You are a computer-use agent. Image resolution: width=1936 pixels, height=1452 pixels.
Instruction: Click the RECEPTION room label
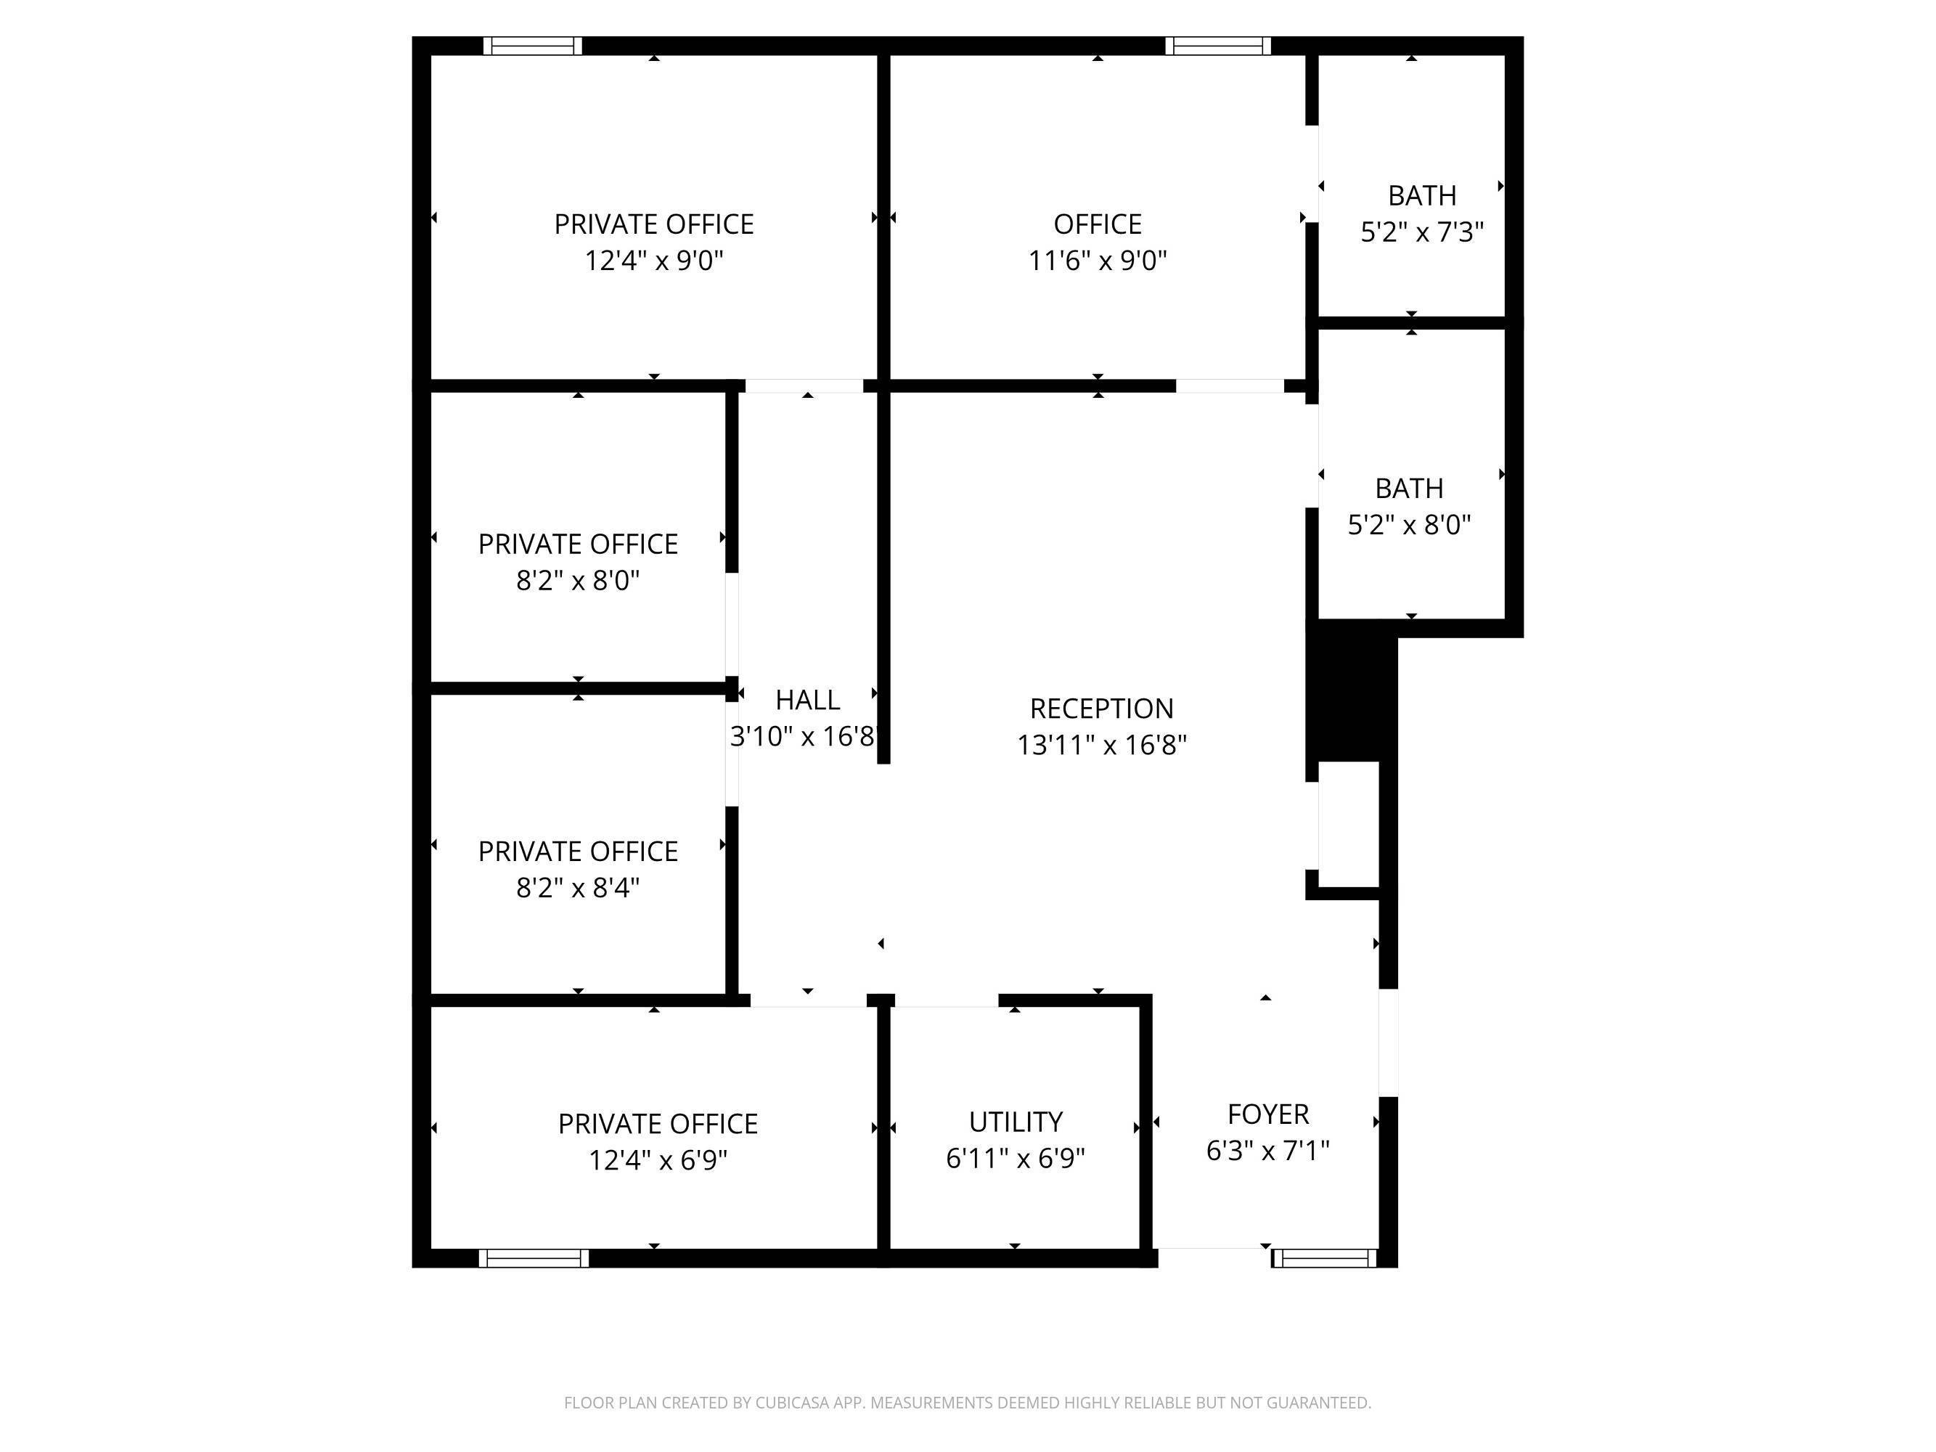(1101, 708)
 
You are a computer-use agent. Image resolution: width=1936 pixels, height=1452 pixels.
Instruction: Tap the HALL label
(807, 700)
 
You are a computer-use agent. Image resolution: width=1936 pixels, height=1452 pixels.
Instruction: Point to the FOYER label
(1268, 1114)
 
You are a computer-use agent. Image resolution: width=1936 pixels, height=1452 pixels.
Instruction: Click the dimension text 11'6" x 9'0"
(1098, 261)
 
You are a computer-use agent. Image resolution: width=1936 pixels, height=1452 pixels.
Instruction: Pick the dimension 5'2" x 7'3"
(1422, 232)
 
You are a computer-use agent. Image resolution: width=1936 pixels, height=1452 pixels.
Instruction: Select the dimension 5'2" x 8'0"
(1409, 525)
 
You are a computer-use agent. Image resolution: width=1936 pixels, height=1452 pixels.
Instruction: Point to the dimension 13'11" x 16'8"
(1101, 745)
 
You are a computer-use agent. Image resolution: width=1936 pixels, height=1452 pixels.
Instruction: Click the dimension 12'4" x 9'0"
(654, 261)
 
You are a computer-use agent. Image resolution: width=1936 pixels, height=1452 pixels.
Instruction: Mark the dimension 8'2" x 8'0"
(578, 581)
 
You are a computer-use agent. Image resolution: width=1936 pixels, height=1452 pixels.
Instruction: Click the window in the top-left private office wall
(533, 46)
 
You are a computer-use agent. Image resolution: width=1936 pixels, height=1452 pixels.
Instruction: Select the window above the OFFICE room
(1217, 46)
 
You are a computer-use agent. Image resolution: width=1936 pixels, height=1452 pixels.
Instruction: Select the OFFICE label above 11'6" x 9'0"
(1098, 225)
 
